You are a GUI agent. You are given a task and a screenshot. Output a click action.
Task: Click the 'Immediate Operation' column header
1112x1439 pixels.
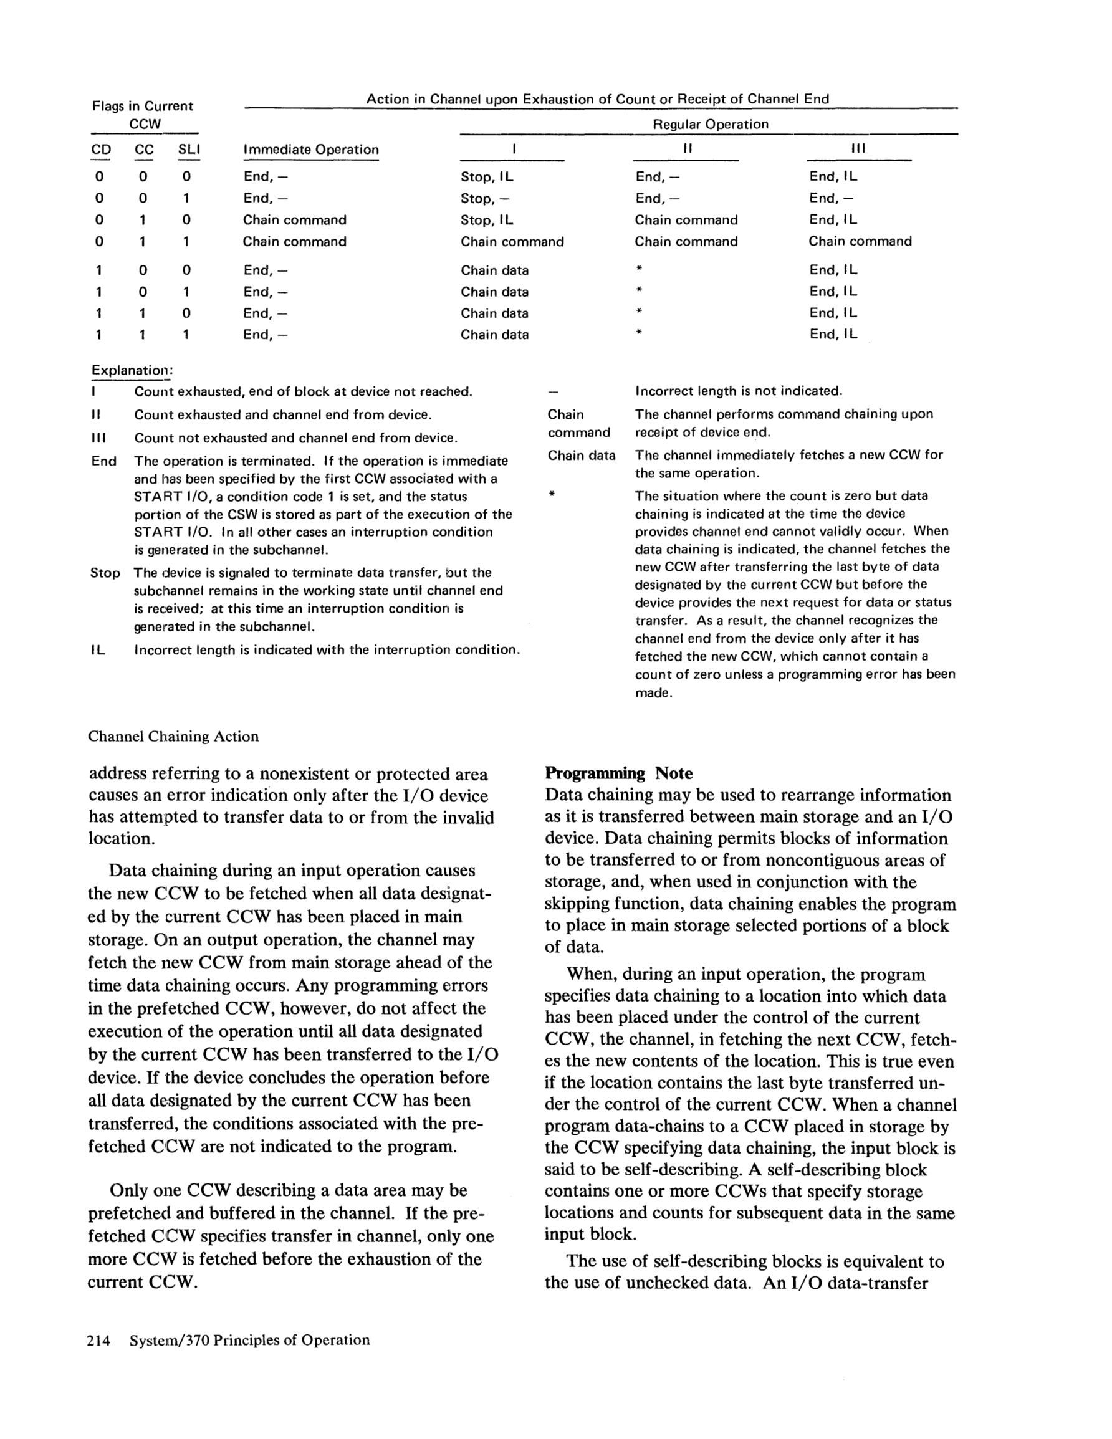click(310, 150)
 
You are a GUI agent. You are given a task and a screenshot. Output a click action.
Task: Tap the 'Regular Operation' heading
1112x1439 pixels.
click(710, 124)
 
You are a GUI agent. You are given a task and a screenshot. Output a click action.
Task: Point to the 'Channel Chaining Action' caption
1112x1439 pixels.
click(173, 736)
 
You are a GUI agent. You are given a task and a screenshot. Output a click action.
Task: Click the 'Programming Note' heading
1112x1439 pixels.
click(618, 773)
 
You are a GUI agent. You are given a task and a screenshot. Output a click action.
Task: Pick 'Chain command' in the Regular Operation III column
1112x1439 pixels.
click(860, 241)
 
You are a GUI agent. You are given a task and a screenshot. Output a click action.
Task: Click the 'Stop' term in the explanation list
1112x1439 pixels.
click(105, 573)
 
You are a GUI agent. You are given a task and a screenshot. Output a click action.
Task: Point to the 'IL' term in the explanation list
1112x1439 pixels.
click(98, 650)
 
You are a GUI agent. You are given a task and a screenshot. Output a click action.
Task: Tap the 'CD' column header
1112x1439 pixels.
click(101, 150)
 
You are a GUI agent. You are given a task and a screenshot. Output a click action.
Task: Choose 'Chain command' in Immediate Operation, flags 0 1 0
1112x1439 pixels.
click(294, 220)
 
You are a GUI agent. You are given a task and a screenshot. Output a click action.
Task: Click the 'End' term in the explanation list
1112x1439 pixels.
click(103, 461)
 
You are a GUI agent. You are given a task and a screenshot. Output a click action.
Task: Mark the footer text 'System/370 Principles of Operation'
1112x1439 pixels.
click(249, 1339)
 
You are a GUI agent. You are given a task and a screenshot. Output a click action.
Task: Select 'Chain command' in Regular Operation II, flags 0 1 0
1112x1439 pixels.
click(686, 220)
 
